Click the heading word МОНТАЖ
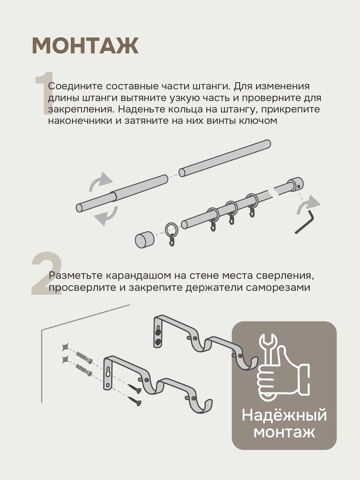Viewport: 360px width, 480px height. [x=85, y=46]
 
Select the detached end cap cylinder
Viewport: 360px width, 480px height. [x=145, y=240]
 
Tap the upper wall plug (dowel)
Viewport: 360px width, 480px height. [x=84, y=358]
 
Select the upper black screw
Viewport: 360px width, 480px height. [x=134, y=388]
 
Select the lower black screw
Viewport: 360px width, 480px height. [x=134, y=401]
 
